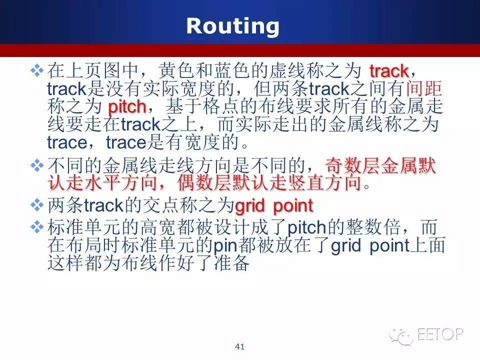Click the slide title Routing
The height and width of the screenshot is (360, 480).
[x=232, y=26]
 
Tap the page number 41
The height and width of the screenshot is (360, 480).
[x=239, y=346]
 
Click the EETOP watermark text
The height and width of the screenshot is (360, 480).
[x=440, y=334]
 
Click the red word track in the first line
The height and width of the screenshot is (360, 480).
[x=389, y=71]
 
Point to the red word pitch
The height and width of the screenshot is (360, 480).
[x=127, y=107]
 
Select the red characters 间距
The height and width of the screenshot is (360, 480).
[x=424, y=89]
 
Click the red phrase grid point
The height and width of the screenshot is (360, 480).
[x=274, y=205]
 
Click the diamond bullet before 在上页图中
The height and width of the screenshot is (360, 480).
[x=37, y=70]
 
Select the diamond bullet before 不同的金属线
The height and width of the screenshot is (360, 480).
[x=37, y=165]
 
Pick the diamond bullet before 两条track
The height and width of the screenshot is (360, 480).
[x=37, y=205]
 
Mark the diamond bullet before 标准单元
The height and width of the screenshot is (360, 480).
[x=37, y=227]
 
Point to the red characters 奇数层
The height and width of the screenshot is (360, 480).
[x=352, y=166]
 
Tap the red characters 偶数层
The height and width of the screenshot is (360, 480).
[x=204, y=183]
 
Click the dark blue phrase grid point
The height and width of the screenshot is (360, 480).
[x=370, y=246]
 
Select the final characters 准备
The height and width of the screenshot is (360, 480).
[x=231, y=263]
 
